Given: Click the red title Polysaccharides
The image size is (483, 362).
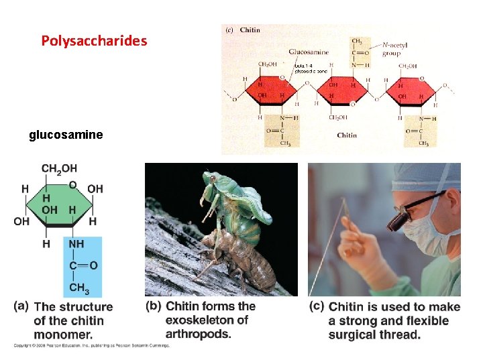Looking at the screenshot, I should [94, 41].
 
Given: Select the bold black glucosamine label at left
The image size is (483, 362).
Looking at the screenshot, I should [66, 135].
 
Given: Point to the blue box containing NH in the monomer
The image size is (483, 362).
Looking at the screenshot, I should [83, 265].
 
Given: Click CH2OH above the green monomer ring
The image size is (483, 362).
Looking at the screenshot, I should [59, 168].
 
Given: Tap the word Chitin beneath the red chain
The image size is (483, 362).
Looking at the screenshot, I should [347, 135].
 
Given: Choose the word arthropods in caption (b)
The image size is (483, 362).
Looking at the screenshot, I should [198, 334].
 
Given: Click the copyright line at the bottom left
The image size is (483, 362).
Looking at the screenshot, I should [91, 346].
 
